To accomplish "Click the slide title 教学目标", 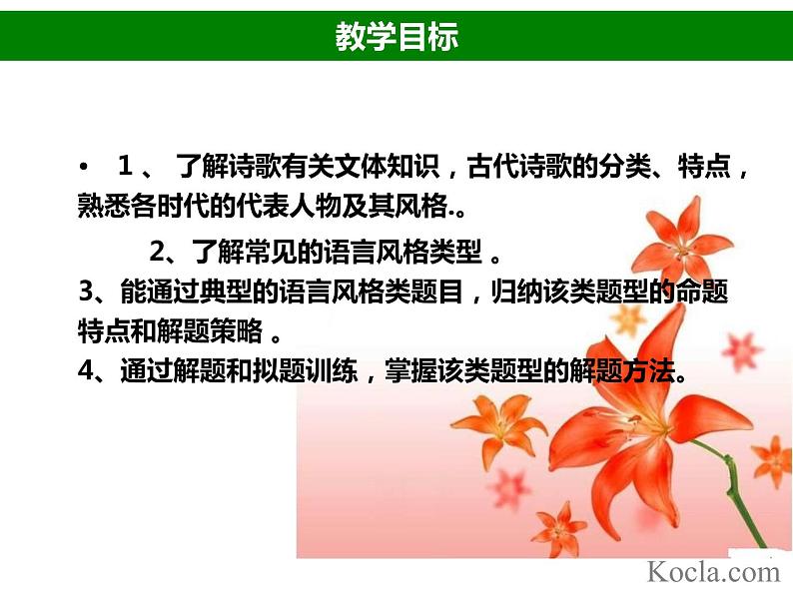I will coord(396,37).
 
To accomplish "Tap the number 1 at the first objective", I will coord(125,165).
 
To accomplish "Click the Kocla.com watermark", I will coord(712,571).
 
